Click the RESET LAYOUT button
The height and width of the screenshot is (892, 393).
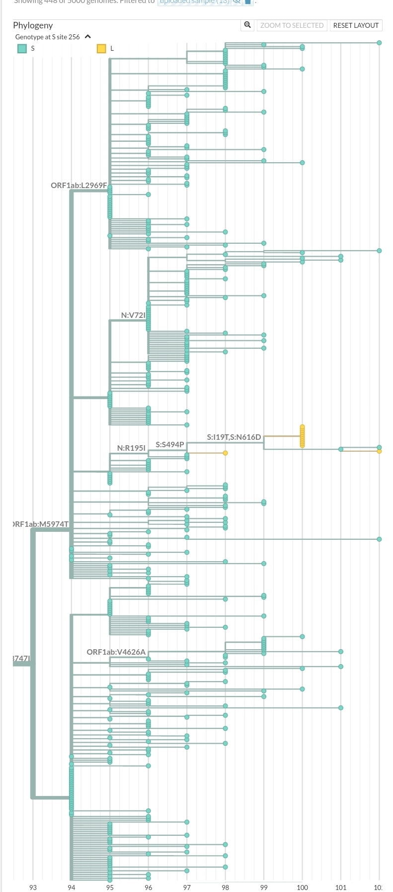356,25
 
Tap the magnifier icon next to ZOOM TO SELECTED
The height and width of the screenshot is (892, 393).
247,25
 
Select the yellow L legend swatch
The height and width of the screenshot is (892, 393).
101,48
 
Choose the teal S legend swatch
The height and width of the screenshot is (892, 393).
22,48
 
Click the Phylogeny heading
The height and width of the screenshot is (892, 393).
33,25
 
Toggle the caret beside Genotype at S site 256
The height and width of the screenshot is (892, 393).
88,37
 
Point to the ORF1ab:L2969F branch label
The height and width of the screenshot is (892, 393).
79,186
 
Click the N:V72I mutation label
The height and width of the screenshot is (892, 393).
133,315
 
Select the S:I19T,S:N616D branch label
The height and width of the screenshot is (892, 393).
234,437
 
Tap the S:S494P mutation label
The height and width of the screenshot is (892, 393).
169,444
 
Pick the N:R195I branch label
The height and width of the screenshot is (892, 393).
131,448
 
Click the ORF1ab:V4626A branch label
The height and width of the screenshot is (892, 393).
116,652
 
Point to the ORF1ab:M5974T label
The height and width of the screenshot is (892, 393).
41,524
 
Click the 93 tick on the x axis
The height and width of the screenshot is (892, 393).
33,888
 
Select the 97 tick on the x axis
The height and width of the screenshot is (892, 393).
187,888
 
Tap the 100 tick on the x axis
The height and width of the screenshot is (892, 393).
302,888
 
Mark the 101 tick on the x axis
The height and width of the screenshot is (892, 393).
341,888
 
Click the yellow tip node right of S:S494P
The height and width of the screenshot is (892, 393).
226,453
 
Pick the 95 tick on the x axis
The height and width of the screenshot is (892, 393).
110,888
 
